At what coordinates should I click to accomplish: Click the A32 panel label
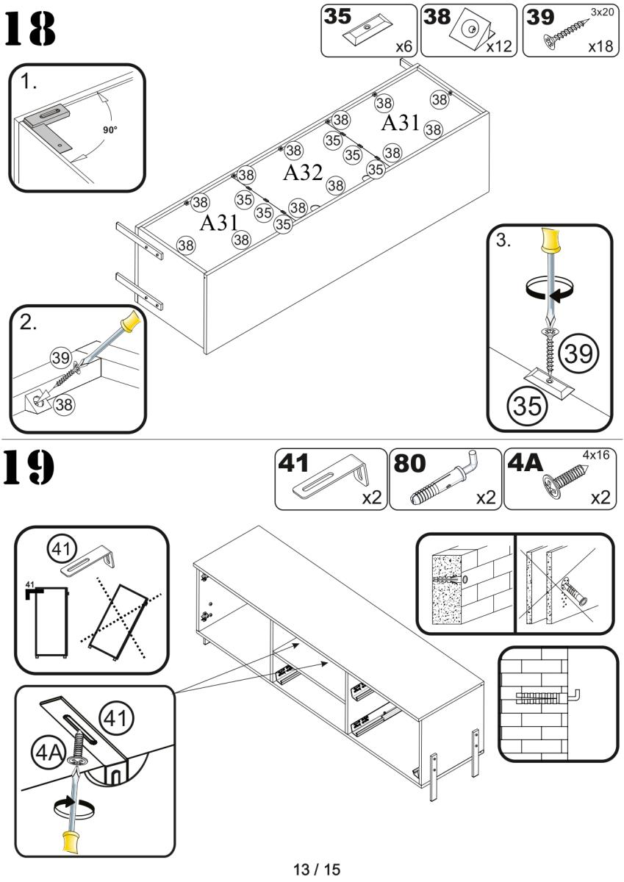coord(303,173)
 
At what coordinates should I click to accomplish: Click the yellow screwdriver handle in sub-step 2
coord(131,322)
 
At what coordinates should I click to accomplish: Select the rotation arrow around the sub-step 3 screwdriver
coord(551,289)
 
